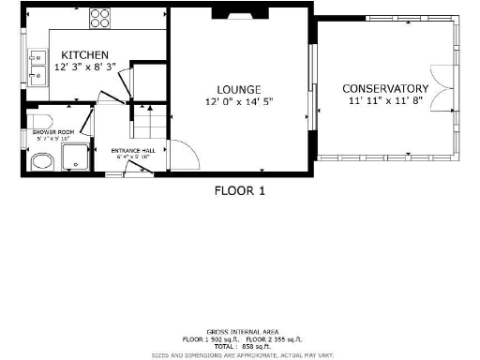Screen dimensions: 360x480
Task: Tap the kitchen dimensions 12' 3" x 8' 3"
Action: (x=85, y=67)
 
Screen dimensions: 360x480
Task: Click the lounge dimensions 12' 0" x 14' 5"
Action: (x=239, y=100)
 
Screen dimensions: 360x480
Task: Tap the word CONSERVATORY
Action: (x=385, y=88)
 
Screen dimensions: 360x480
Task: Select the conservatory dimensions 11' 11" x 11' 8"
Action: (x=385, y=100)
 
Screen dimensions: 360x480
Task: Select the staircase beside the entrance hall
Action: (x=150, y=125)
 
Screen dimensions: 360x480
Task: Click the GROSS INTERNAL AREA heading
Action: (x=240, y=333)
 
